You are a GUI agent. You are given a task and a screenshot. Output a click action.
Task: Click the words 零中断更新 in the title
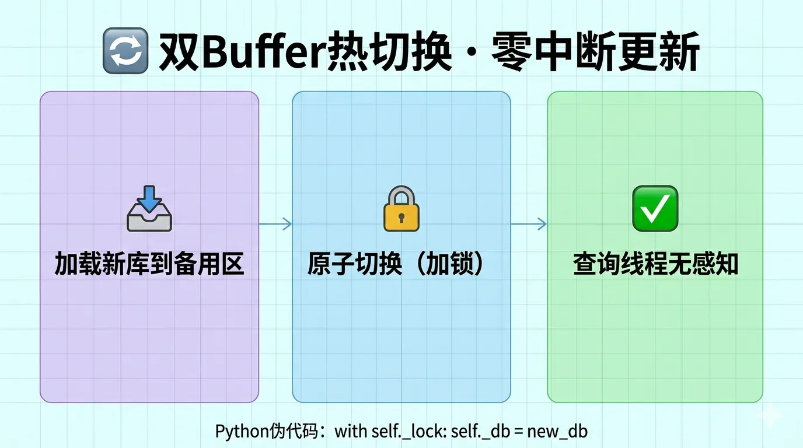click(x=595, y=54)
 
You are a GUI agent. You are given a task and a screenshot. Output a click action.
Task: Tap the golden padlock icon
click(x=401, y=209)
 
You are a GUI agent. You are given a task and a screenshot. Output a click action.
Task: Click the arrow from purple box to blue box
click(x=275, y=224)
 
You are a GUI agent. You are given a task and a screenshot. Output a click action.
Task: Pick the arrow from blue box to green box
click(x=529, y=224)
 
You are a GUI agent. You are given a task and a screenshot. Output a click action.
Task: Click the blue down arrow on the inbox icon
click(x=150, y=197)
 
